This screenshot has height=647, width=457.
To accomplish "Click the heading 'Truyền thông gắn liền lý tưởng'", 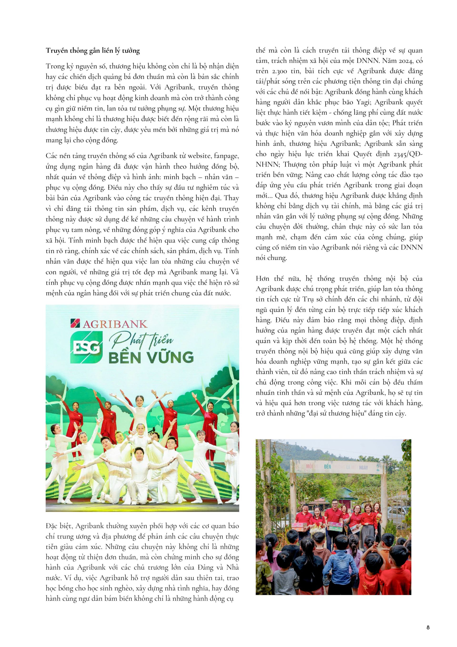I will pos(93,51).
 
